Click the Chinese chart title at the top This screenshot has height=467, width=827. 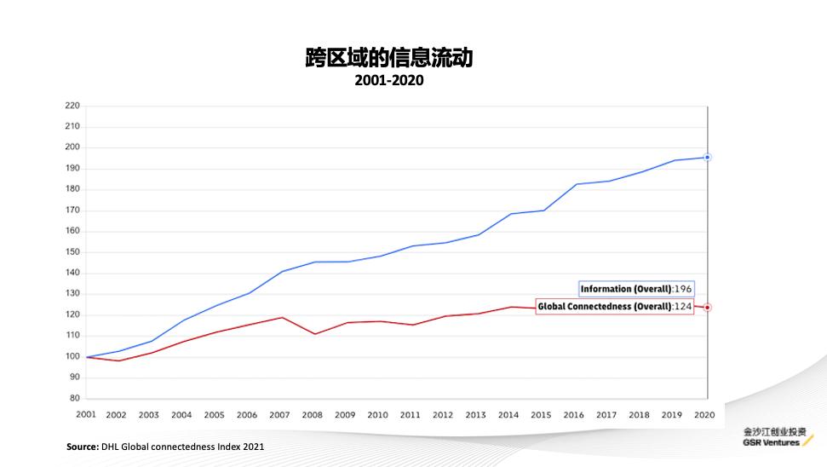388,58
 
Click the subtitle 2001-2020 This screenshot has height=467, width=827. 388,81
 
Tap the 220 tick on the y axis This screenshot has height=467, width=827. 72,106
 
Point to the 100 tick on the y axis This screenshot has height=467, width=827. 72,356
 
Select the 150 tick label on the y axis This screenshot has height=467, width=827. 72,252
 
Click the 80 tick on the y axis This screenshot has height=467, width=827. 74,398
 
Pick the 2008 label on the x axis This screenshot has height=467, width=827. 313,415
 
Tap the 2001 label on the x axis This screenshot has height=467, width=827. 85,414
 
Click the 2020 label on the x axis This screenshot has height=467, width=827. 704,415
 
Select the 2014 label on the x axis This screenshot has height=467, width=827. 508,415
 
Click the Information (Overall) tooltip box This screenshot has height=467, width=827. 636,289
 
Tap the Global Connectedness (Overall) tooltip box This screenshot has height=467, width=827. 614,307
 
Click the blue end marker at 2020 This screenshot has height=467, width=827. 708,158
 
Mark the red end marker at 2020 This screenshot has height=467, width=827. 708,307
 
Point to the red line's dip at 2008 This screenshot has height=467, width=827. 314,333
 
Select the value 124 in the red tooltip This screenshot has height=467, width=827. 682,307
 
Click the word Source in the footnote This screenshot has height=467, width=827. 83,447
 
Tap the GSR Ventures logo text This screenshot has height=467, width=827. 771,442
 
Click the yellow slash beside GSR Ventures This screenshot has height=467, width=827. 808,441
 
